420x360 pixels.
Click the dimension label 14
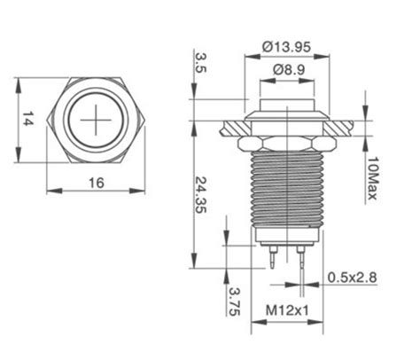click(x=27, y=120)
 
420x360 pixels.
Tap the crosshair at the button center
click(x=96, y=119)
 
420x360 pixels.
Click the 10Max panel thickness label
click(x=374, y=178)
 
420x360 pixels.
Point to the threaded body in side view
click(x=285, y=191)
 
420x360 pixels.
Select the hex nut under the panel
click(x=285, y=141)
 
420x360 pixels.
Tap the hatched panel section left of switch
click(x=226, y=126)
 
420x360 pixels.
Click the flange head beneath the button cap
click(x=285, y=115)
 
